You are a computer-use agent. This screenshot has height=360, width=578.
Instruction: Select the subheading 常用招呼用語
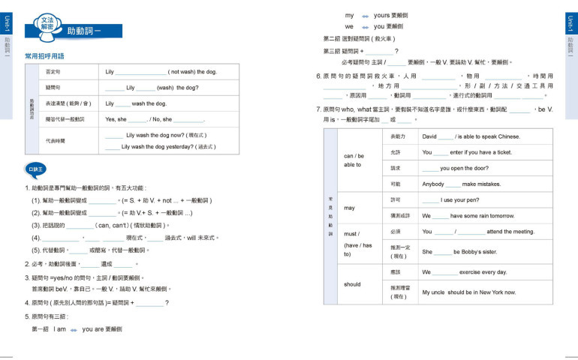tap(44, 56)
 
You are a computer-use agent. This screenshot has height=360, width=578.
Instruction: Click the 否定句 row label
tap(53, 72)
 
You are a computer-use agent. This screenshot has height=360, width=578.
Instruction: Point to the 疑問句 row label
tap(53, 88)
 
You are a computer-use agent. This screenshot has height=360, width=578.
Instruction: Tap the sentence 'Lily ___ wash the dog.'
tap(136, 103)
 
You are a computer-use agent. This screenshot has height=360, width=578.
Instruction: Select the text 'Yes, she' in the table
tap(116, 119)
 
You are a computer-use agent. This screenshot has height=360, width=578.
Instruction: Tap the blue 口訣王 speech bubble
tap(35, 169)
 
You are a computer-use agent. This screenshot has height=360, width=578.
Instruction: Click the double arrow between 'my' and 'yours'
tap(366, 16)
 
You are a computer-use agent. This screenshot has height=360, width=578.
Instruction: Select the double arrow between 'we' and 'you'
tap(366, 26)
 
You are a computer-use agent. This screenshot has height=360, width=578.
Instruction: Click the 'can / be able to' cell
tap(354, 160)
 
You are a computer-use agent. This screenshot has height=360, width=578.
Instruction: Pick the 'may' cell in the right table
tap(349, 208)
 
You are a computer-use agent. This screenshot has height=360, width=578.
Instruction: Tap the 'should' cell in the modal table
tap(352, 284)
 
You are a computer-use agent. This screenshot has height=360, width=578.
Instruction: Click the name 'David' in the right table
tap(429, 136)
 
